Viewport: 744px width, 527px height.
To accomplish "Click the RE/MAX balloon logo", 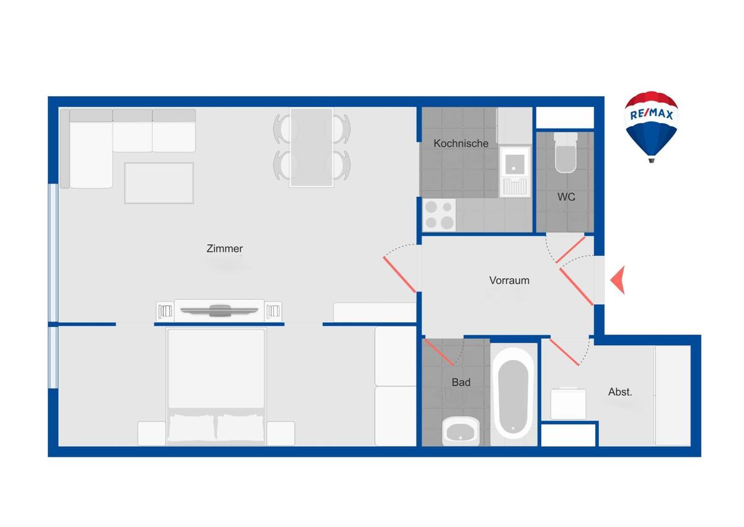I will click(x=651, y=124).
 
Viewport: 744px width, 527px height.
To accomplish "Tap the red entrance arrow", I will click(x=618, y=280).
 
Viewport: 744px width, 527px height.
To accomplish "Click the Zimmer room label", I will click(x=224, y=249).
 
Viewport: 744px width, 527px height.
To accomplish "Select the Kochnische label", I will click(x=461, y=143).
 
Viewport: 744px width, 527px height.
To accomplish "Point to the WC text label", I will click(x=566, y=197).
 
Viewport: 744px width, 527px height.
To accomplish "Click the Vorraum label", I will click(x=509, y=281).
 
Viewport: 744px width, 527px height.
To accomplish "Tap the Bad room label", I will click(x=461, y=382).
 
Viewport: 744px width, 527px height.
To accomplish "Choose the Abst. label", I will click(x=620, y=392).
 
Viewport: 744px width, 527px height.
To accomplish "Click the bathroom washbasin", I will click(x=461, y=430).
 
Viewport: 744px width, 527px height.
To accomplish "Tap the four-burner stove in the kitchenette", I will click(x=439, y=215).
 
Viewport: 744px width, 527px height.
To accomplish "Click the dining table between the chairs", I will click(x=311, y=147).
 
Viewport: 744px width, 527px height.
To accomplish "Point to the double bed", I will click(x=216, y=385).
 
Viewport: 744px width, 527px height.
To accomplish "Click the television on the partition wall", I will click(x=219, y=310).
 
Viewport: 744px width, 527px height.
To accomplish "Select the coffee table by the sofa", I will click(x=159, y=182).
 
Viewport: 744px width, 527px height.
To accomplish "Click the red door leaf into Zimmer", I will click(x=399, y=274).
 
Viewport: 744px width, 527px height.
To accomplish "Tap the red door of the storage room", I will click(x=564, y=353).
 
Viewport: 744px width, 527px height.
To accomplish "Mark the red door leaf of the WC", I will click(x=570, y=248).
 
